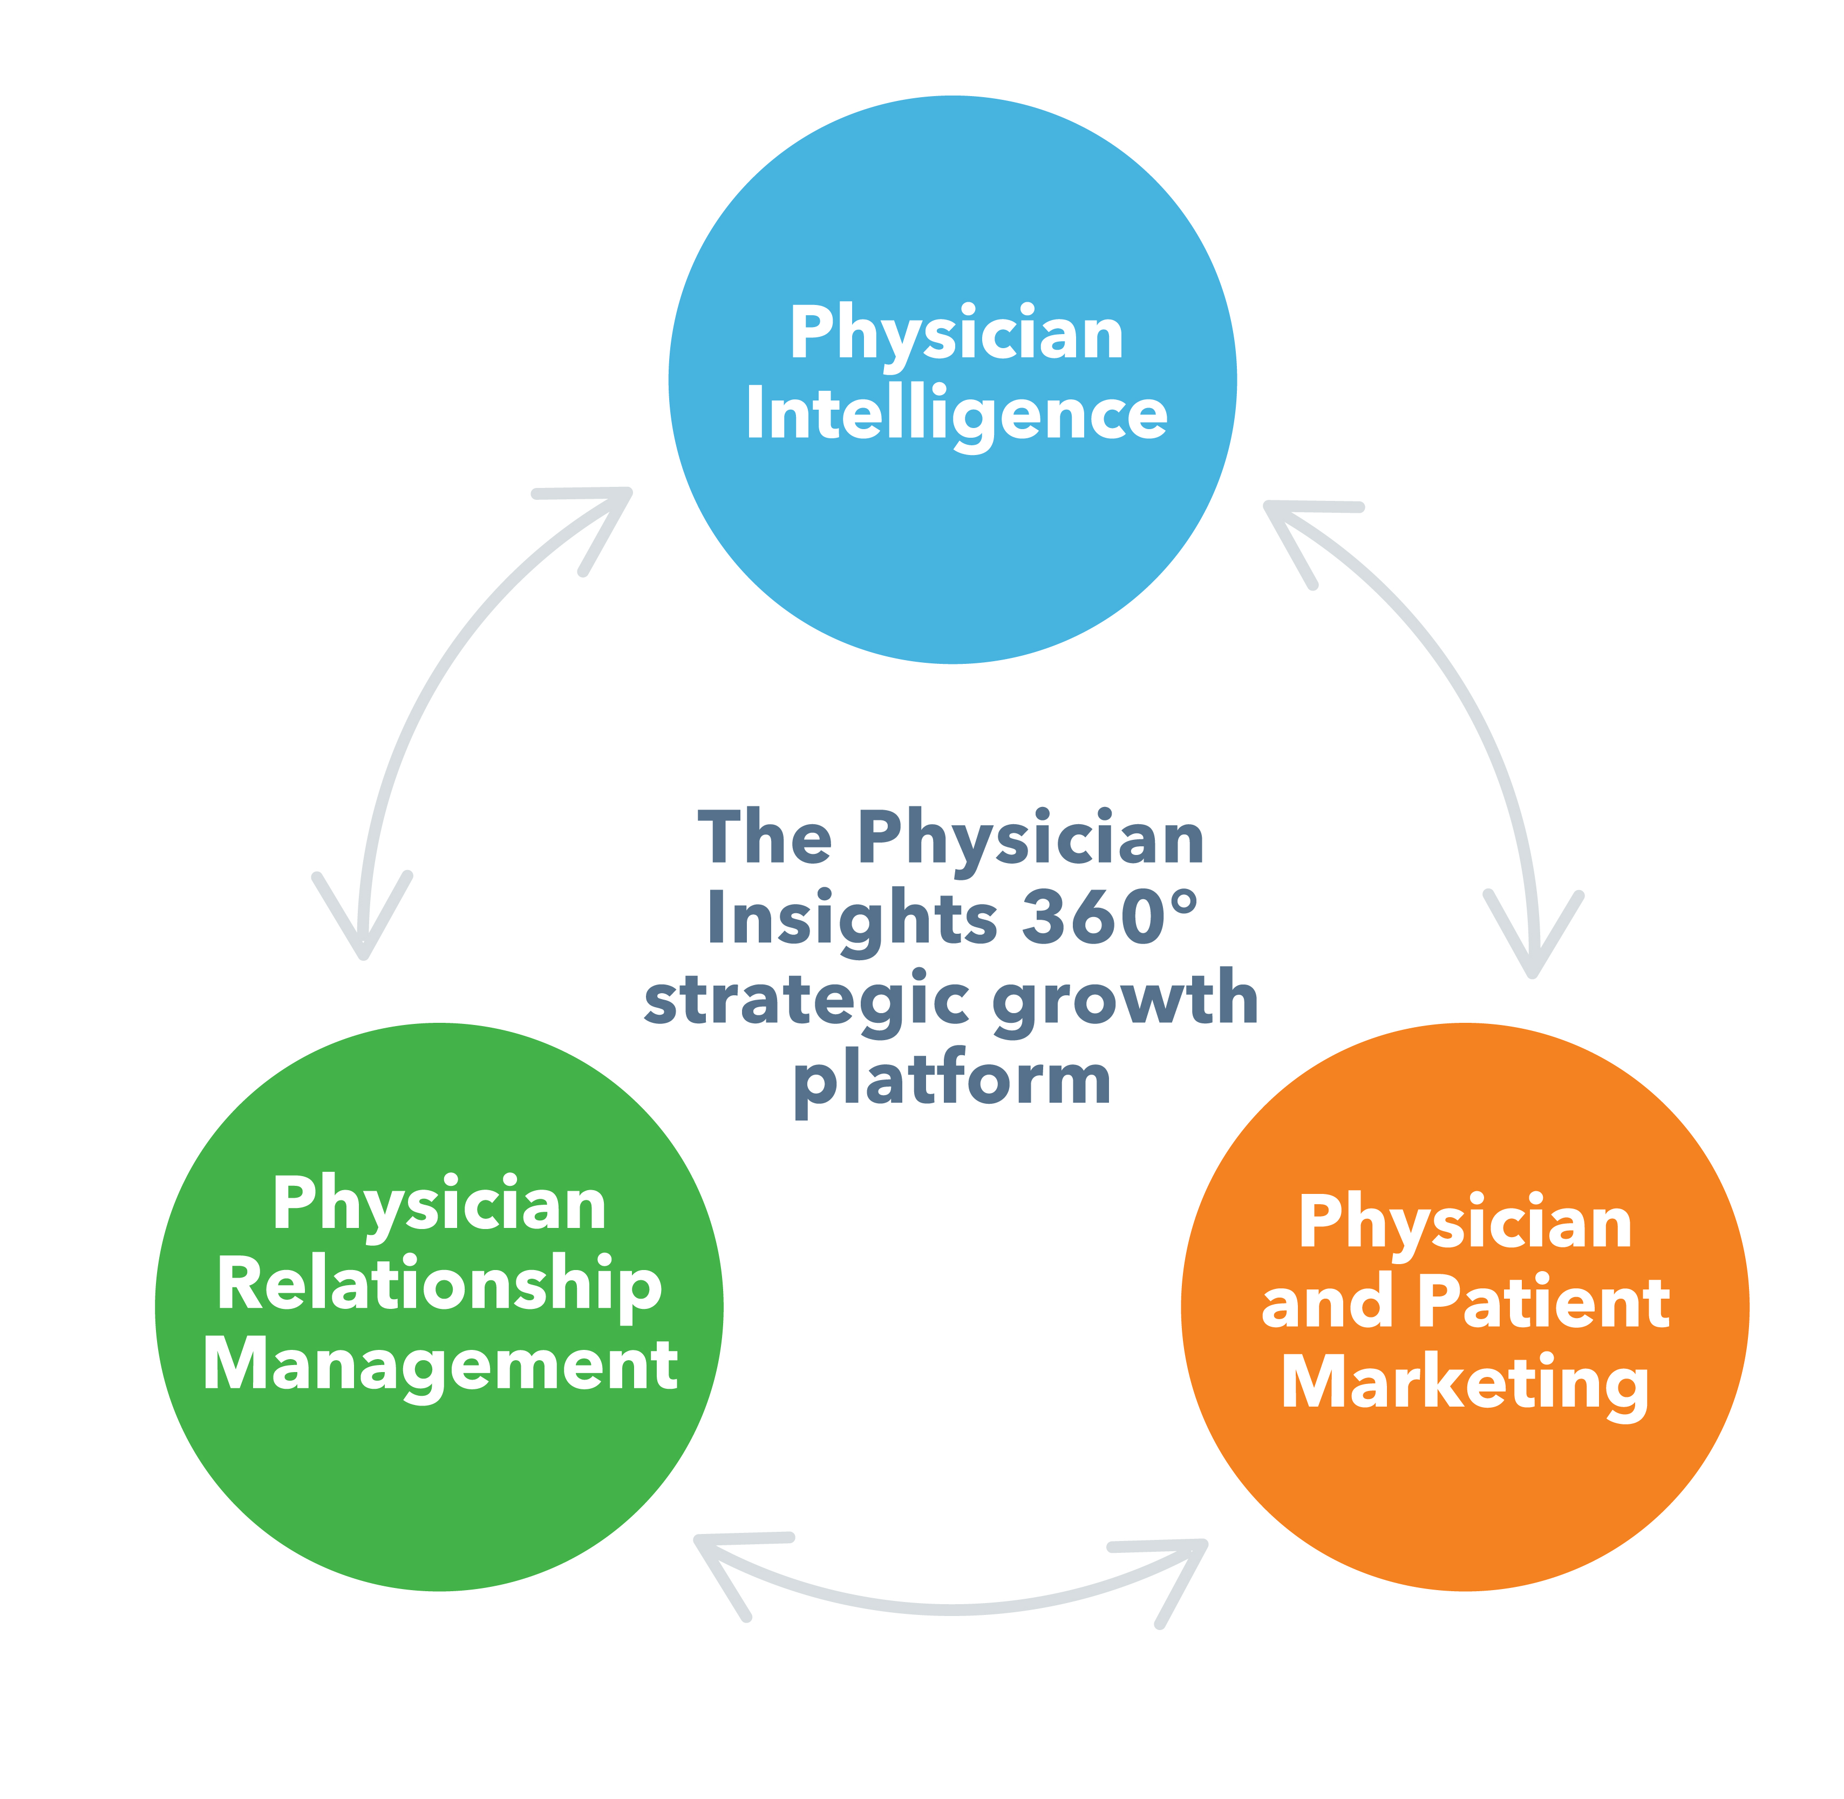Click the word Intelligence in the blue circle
click(x=956, y=414)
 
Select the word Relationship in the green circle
click(x=439, y=1286)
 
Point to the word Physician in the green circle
click(x=439, y=1205)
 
